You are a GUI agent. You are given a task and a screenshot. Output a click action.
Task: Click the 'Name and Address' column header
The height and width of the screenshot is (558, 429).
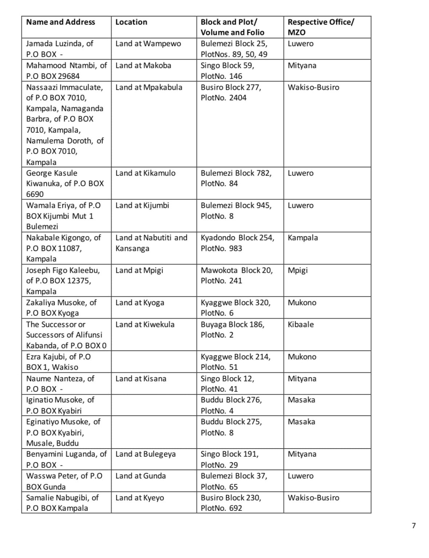coord(60,22)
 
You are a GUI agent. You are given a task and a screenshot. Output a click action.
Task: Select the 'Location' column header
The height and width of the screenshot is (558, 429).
coord(131,22)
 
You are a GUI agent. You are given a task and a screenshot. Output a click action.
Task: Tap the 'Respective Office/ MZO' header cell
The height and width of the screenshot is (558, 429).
coord(320,27)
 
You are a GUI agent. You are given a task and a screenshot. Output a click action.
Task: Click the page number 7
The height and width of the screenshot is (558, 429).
coord(414,525)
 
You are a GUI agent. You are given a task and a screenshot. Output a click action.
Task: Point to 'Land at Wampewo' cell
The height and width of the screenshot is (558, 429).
coord(148,44)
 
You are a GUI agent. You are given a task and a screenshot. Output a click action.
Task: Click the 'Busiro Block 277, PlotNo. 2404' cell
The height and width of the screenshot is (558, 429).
coord(230,93)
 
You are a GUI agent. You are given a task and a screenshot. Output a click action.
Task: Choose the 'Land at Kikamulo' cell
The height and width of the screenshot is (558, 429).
coord(145,173)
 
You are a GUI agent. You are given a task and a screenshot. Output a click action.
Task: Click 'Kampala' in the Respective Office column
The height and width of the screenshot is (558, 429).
coord(302,238)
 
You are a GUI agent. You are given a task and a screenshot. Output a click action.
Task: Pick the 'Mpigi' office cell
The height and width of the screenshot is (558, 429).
coord(297,270)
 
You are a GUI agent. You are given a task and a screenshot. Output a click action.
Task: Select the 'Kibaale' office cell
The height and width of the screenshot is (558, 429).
coord(300,324)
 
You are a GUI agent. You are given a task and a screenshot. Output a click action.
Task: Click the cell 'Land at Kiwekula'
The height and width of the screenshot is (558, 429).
coord(145,324)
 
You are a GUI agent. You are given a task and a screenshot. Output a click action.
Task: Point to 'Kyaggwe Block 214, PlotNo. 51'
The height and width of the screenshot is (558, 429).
coord(235,362)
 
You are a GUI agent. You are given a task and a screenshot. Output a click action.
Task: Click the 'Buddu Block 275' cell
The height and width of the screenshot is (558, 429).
coord(231,422)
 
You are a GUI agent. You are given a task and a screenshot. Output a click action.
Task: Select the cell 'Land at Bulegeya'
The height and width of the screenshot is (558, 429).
coord(145,454)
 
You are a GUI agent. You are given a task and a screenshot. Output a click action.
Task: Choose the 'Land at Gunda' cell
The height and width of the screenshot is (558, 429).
coord(140,476)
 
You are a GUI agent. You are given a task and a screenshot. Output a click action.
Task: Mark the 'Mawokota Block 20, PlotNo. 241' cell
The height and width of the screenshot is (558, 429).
coord(236,275)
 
